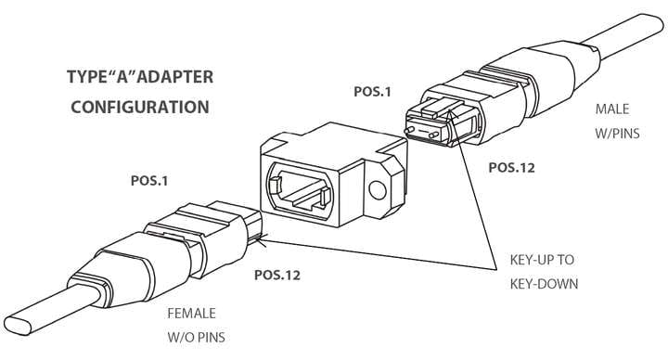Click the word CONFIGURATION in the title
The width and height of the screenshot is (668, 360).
140,107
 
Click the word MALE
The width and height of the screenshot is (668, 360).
612,108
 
